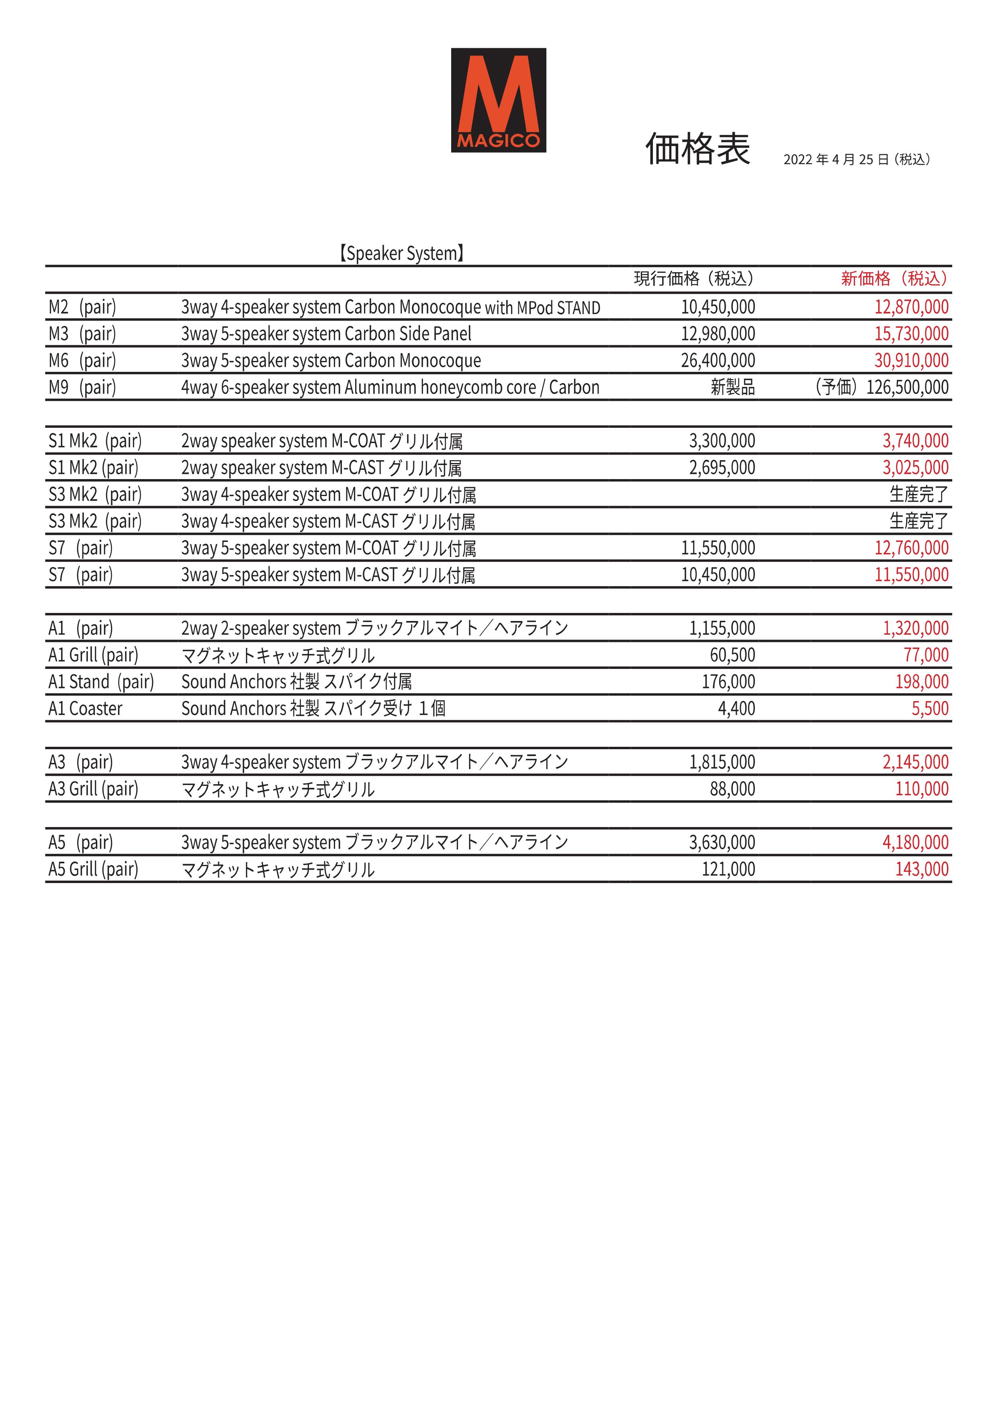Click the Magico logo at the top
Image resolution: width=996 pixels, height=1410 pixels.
[498, 100]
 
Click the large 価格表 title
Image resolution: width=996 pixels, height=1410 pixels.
[698, 149]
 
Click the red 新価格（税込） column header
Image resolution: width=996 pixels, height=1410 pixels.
[894, 279]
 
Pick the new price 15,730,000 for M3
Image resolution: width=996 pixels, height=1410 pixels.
[911, 334]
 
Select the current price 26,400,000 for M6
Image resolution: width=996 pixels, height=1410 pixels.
[718, 361]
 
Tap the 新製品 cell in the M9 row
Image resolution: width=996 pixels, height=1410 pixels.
[733, 387]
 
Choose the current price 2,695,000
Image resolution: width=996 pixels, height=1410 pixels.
[722, 468]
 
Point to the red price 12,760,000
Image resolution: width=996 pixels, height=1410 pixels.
[911, 548]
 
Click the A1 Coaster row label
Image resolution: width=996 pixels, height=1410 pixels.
[85, 709]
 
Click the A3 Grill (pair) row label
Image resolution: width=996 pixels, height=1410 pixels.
[93, 789]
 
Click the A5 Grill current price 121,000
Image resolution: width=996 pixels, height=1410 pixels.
[728, 869]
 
